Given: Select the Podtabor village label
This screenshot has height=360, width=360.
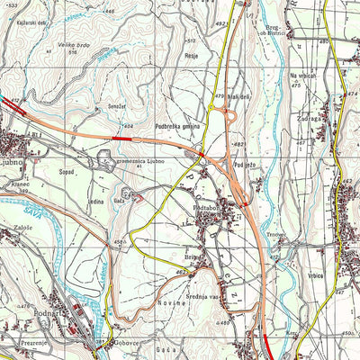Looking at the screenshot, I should (208, 208).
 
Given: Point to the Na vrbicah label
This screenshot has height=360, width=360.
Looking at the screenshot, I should (304, 77).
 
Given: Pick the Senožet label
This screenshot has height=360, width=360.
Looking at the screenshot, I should (116, 106).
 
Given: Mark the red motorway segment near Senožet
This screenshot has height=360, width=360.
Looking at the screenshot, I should (122, 139).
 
